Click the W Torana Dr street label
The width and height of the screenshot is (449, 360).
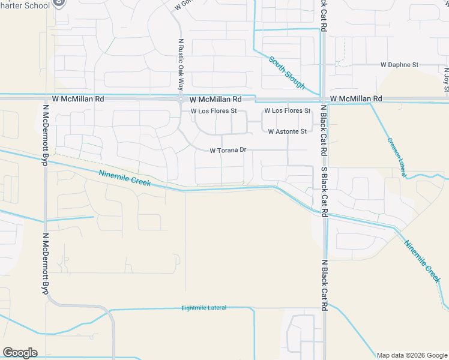coord(228,151)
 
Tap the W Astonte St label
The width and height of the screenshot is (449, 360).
coord(287,131)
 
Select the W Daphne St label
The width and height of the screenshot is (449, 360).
coord(399,64)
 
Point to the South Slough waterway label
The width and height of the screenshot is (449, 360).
coord(287,73)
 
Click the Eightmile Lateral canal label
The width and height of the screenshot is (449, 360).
coord(203,308)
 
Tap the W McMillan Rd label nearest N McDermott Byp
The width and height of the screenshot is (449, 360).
coord(78,98)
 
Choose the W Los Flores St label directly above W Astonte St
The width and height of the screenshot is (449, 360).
coord(287,111)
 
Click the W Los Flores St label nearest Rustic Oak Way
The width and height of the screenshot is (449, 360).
coord(214,111)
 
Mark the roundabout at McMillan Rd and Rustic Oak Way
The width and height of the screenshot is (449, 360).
coord(180,98)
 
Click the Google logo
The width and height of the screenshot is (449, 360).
coord(20,353)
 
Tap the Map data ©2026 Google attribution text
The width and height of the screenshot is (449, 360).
coord(411,355)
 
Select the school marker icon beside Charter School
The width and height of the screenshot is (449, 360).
coord(60,4)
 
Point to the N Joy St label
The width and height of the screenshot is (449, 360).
coord(446,80)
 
